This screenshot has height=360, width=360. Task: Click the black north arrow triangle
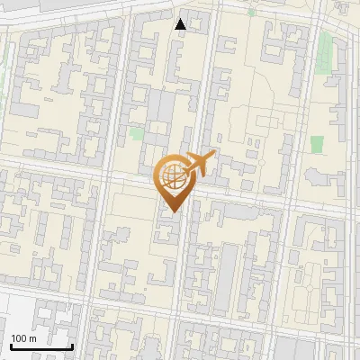(181, 24)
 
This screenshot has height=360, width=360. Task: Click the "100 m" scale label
(24, 338)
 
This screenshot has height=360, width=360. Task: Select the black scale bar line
(41, 346)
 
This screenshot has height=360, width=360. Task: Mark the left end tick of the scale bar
(11, 345)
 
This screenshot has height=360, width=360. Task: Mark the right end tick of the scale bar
(72, 345)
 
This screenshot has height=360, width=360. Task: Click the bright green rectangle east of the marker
(317, 144)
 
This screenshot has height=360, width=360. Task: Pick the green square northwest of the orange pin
(136, 133)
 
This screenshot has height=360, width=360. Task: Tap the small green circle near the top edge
(251, 13)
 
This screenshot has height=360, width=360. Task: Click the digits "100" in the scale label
(20, 338)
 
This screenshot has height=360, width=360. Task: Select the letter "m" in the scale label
(33, 339)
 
